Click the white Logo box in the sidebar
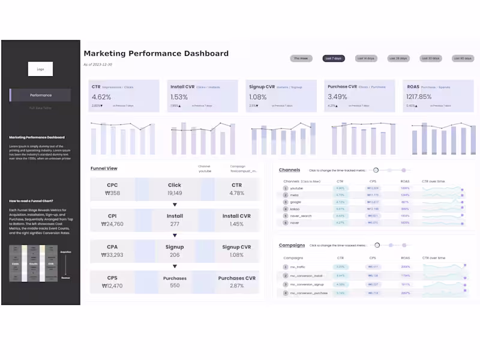tap(40, 69)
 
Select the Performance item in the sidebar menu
tap(41, 95)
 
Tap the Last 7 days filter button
tap(333, 58)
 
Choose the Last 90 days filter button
tap(463, 58)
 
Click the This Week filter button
tap(301, 58)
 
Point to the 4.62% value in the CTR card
tap(101, 97)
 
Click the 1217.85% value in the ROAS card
tap(419, 97)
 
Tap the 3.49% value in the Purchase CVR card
tap(337, 97)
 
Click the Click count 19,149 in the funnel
tap(175, 193)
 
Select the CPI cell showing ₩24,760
tap(112, 224)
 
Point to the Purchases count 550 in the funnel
tap(175, 286)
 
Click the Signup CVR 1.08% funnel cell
tap(237, 255)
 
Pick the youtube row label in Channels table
tap(296, 188)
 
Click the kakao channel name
tap(295, 209)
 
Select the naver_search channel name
tap(301, 215)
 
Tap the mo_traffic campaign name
tap(298, 266)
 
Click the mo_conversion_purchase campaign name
tap(308, 293)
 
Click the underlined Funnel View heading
tap(104, 169)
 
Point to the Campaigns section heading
tap(292, 245)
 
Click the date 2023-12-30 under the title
tap(101, 64)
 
